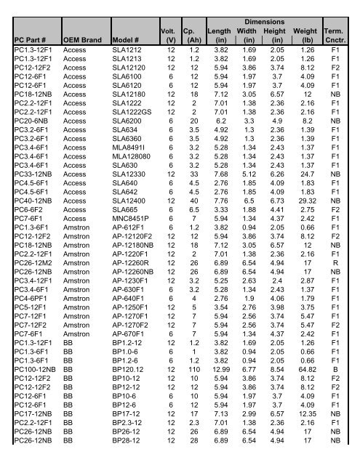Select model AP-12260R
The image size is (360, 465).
(133, 273)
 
